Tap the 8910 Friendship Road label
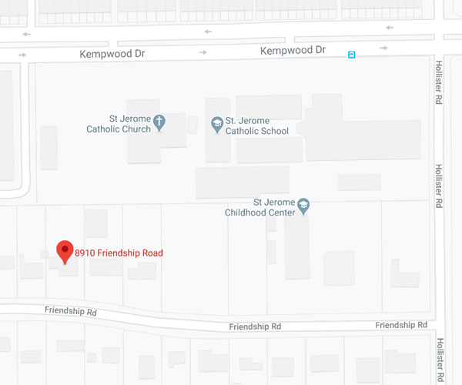pos(119,253)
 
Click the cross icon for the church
pos(159,121)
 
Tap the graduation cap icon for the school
pos(217,122)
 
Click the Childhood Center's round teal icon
pos(303,205)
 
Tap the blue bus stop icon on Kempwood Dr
pos(351,54)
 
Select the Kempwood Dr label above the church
pos(113,54)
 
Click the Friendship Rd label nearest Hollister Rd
pos(401,326)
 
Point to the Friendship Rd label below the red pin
pos(71,313)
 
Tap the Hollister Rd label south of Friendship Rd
pos(440,360)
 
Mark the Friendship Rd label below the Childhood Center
pos(255,326)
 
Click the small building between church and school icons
pos(193,123)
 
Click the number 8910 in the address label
pos(85,253)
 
